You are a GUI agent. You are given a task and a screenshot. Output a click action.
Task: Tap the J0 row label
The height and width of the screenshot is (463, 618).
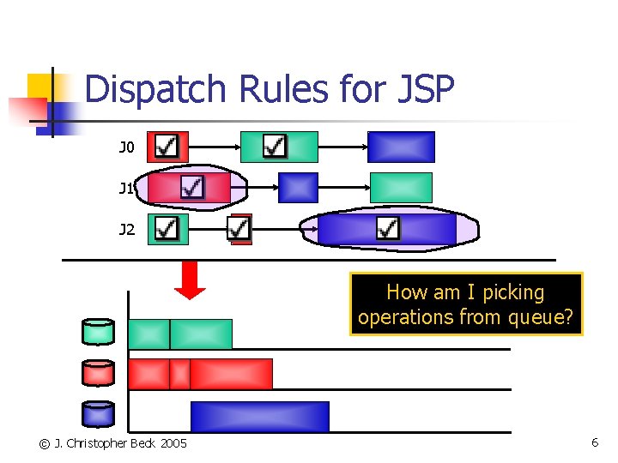126,147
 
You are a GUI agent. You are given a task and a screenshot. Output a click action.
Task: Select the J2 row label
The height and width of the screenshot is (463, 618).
126,230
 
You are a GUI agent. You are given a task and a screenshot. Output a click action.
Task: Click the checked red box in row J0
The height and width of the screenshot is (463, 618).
167,147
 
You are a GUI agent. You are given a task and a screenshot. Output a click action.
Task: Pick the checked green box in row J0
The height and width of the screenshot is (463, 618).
278,147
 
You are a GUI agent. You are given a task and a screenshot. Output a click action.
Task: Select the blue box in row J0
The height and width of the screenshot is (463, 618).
401,147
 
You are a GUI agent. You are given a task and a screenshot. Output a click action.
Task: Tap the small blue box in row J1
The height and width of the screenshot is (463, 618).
298,187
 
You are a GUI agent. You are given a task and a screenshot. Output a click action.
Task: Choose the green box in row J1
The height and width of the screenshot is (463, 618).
401,187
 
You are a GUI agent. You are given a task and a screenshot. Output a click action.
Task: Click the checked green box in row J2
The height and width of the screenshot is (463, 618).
167,229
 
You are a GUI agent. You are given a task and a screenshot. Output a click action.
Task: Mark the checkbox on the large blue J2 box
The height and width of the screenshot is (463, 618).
388,228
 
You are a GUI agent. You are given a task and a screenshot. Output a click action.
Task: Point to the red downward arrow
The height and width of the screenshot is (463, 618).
191,280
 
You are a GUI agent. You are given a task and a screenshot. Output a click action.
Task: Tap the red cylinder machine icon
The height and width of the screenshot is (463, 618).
98,373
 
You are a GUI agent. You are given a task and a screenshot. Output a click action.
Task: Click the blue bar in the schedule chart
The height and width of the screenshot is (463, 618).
259,417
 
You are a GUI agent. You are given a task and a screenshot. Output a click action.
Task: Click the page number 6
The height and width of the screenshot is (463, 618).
594,442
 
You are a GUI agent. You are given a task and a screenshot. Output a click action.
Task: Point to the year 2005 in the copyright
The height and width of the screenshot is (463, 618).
173,443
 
